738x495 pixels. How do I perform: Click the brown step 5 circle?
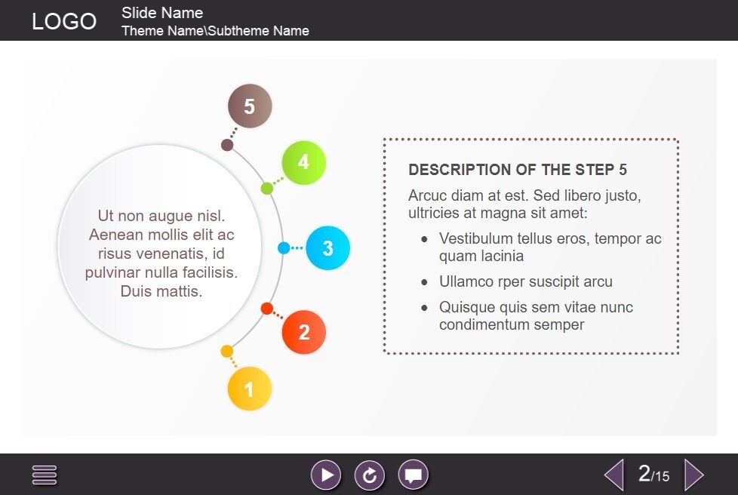click(250, 106)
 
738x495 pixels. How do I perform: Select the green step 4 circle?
click(303, 162)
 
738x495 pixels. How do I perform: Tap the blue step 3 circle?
click(327, 247)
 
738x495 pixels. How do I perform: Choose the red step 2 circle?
click(304, 332)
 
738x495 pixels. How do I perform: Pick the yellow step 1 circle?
click(250, 389)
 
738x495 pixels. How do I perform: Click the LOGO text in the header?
click(64, 21)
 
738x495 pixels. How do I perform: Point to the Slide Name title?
click(162, 13)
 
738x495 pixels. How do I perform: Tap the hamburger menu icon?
click(45, 475)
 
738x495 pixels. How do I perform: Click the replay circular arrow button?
click(370, 475)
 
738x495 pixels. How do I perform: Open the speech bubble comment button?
click(413, 475)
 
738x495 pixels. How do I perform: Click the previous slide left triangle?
click(615, 475)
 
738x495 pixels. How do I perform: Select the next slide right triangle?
click(693, 475)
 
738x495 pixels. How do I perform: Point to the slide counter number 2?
click(644, 473)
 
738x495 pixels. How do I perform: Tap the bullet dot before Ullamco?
click(425, 282)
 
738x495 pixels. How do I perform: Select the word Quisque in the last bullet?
click(466, 308)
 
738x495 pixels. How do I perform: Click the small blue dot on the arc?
click(284, 247)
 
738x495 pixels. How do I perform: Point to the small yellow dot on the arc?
click(226, 351)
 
